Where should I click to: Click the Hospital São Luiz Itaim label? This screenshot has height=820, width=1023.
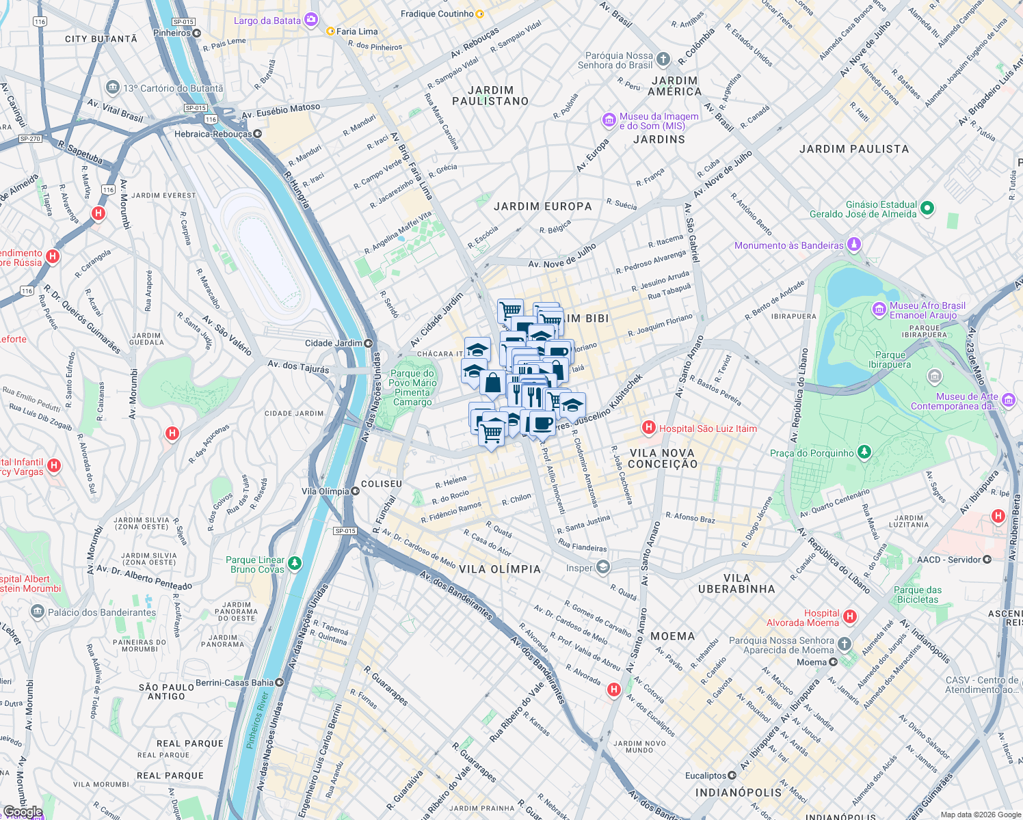pyautogui.click(x=708, y=428)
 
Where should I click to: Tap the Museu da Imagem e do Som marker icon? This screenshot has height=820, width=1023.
pyautogui.click(x=609, y=121)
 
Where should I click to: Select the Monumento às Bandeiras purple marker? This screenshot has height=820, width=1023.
pyautogui.click(x=853, y=245)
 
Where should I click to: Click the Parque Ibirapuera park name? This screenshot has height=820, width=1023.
pyautogui.click(x=890, y=359)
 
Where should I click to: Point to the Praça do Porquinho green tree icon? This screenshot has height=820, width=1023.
pyautogui.click(x=864, y=452)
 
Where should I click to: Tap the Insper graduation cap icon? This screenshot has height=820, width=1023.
pyautogui.click(x=602, y=567)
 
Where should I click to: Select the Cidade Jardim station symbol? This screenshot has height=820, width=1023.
pyautogui.click(x=369, y=343)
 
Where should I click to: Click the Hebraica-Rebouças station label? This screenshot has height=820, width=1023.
pyautogui.click(x=213, y=134)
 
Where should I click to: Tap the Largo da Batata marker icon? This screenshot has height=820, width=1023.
pyautogui.click(x=311, y=20)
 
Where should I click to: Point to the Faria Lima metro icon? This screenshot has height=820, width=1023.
pyautogui.click(x=330, y=31)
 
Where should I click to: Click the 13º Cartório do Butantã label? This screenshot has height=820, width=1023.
pyautogui.click(x=173, y=88)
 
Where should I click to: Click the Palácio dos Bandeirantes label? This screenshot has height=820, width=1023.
pyautogui.click(x=102, y=612)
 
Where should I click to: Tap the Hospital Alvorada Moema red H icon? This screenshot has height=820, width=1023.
pyautogui.click(x=850, y=617)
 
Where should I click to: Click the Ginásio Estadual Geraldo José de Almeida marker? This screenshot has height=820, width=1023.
pyautogui.click(x=927, y=208)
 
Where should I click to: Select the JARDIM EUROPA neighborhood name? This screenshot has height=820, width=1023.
pyautogui.click(x=543, y=206)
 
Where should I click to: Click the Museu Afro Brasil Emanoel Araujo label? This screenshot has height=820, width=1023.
pyautogui.click(x=927, y=310)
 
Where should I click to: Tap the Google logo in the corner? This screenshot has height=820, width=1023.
pyautogui.click(x=22, y=812)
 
